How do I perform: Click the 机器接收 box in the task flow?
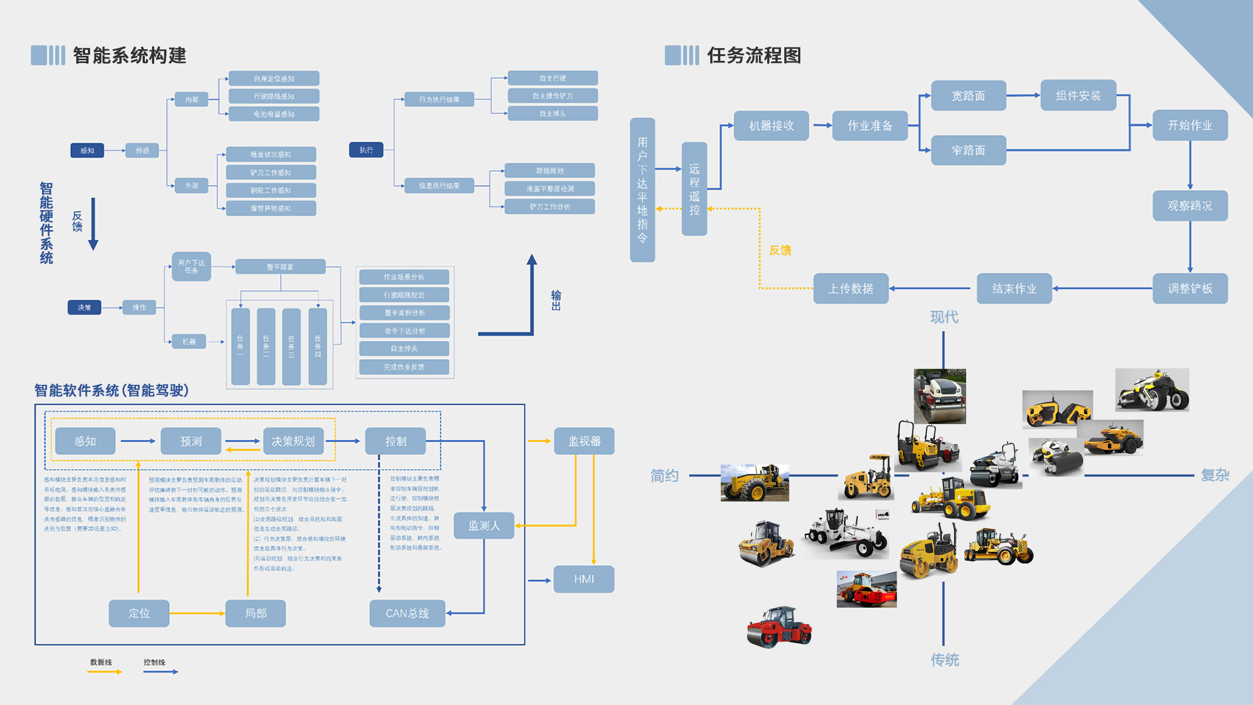click(771, 126)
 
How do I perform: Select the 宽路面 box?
click(968, 96)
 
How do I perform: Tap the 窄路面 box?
click(968, 150)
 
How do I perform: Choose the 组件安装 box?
click(1078, 96)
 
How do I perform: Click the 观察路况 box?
click(1189, 206)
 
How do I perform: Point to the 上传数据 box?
click(850, 289)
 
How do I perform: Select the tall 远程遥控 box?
click(694, 189)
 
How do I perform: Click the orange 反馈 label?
click(780, 250)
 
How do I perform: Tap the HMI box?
click(584, 579)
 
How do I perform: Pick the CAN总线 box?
click(407, 613)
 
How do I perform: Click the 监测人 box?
click(484, 525)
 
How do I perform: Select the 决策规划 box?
click(293, 441)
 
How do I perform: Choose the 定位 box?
click(139, 613)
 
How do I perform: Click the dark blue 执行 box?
click(366, 150)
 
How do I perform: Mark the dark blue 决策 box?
click(84, 307)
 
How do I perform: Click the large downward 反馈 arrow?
click(93, 224)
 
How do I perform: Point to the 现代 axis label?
click(944, 317)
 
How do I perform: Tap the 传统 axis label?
click(945, 660)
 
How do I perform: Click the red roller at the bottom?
click(779, 627)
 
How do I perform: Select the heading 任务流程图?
click(754, 55)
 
